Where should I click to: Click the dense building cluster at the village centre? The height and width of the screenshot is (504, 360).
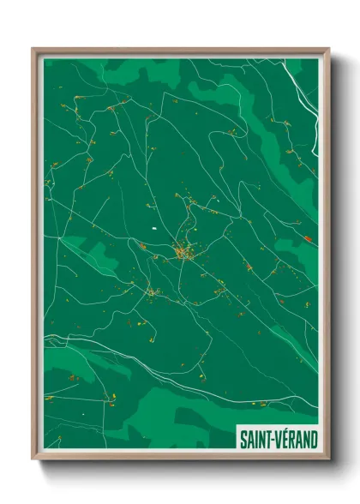(183, 253)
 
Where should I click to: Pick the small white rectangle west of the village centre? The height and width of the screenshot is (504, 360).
(153, 229)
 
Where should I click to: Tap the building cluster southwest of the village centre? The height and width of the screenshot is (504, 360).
(153, 293)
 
